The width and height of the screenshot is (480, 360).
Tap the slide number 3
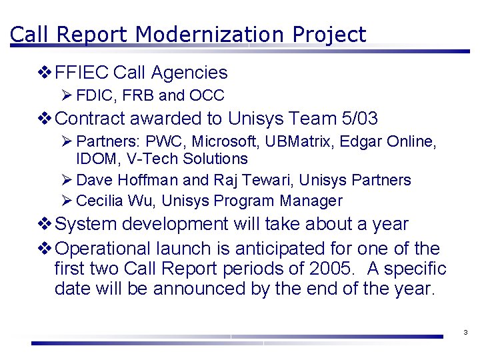[465, 333]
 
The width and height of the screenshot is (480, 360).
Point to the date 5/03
[358, 119]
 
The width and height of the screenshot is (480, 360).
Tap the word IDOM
[95, 159]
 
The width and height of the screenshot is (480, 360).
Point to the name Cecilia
[99, 201]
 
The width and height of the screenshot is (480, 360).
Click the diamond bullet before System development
[45, 224]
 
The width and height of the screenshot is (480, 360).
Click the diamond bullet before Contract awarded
[45, 119]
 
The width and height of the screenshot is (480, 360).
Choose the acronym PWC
[159, 142]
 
